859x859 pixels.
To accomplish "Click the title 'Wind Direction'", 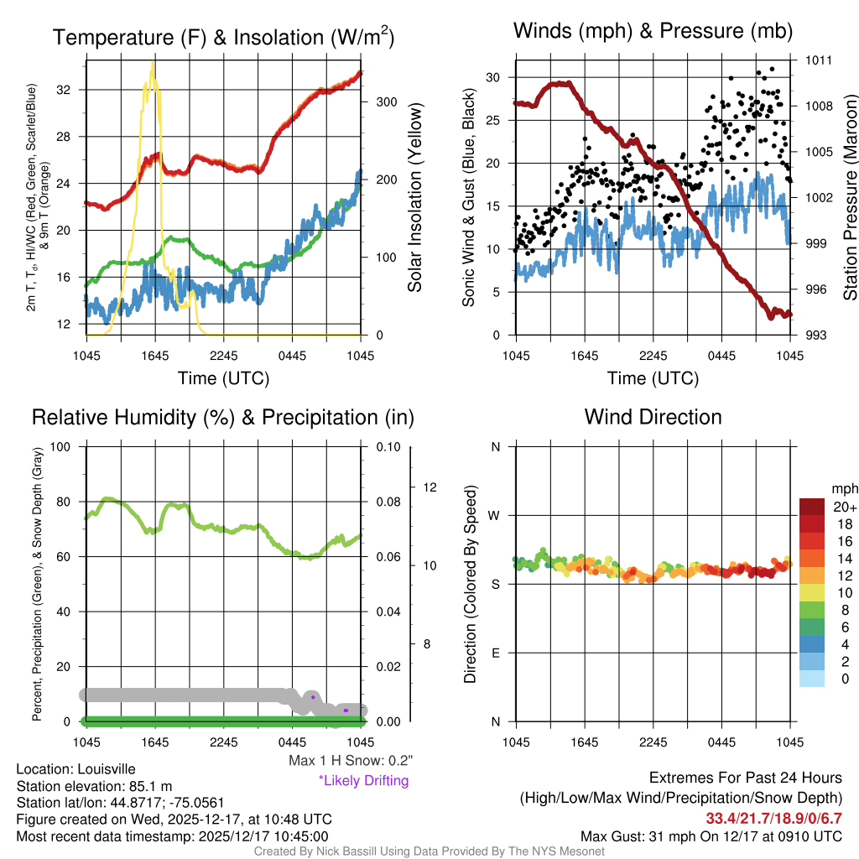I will (x=653, y=417).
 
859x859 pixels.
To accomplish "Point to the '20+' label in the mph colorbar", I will (x=821, y=507).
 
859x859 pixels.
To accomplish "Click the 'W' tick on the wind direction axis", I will (x=495, y=515).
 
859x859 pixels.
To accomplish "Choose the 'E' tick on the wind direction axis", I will (x=495, y=653).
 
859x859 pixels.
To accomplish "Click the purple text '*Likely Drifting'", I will (x=363, y=780).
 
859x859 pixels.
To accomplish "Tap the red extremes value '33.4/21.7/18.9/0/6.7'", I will (x=773, y=818).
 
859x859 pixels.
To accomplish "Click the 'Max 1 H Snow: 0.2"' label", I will (x=350, y=761).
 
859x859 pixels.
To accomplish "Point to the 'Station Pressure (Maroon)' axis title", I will (x=849, y=198).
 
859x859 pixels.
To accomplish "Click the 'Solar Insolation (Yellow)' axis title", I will (x=414, y=198).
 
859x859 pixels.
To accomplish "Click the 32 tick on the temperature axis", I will (x=63, y=90).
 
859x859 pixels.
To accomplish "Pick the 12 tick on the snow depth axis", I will (x=430, y=487).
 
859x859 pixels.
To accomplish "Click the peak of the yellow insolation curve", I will (x=153, y=62).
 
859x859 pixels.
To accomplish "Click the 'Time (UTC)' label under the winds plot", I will (x=653, y=378).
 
